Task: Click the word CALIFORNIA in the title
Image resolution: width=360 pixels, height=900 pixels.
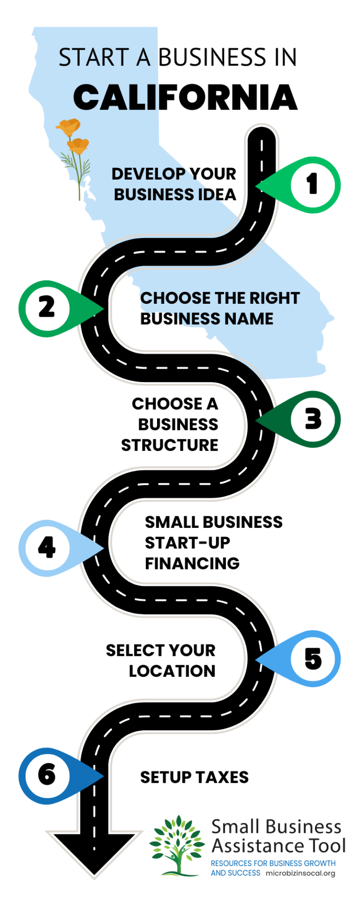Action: pyautogui.click(x=186, y=97)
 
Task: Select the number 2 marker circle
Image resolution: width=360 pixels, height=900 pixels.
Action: pyautogui.click(x=47, y=308)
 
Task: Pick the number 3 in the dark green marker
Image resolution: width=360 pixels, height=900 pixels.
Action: pyautogui.click(x=313, y=419)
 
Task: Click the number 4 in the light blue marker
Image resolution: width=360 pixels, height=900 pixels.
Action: pyautogui.click(x=47, y=547)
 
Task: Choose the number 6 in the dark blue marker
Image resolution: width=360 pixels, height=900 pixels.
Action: pyautogui.click(x=47, y=774)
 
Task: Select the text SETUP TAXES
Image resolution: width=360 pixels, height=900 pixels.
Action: pyautogui.click(x=195, y=777)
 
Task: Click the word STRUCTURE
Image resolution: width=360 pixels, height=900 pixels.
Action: pyautogui.click(x=170, y=445)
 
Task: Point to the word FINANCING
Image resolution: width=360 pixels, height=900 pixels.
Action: pyautogui.click(x=192, y=563)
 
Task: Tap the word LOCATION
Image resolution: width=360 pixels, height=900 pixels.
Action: pyautogui.click(x=172, y=671)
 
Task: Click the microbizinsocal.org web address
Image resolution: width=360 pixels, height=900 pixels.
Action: pyautogui.click(x=300, y=873)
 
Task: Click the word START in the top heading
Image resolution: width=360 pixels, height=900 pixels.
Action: pyautogui.click(x=94, y=58)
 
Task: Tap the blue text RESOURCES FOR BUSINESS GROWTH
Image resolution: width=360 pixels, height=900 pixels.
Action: pyautogui.click(x=273, y=863)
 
